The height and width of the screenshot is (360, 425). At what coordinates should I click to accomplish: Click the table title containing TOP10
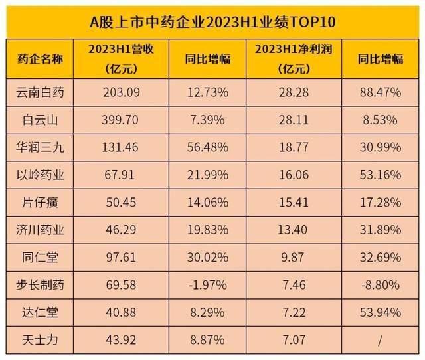click(212, 21)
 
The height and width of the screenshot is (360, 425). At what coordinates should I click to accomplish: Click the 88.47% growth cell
click(380, 92)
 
